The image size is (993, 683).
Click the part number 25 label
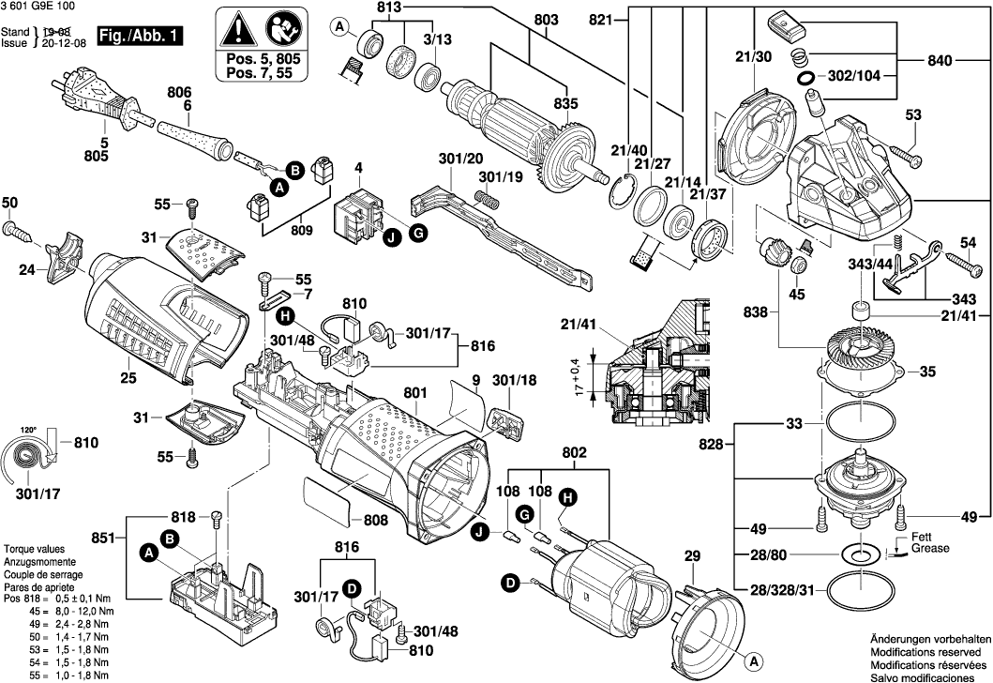point(128,379)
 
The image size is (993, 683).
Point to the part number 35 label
point(927,372)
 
